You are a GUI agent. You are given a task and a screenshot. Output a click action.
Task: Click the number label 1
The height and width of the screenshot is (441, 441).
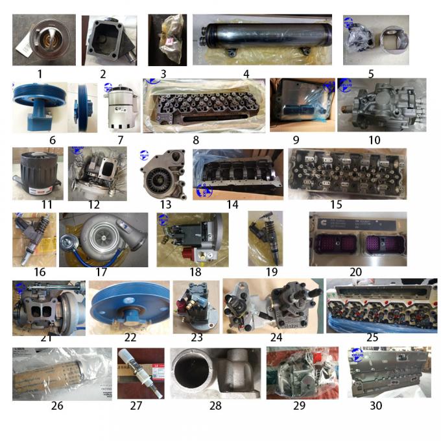pyautogui.click(x=40, y=74)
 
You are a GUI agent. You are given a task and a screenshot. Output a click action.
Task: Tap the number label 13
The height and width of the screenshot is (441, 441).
pyautogui.click(x=166, y=205)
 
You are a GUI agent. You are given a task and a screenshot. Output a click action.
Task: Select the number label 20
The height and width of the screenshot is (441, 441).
pyautogui.click(x=355, y=272)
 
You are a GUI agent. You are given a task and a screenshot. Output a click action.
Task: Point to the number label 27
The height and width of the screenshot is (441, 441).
pyautogui.click(x=135, y=407)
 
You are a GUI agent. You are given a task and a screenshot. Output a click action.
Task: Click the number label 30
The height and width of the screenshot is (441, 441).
pyautogui.click(x=375, y=406)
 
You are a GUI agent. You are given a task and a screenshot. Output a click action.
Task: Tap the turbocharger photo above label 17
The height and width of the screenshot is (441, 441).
pyautogui.click(x=104, y=240)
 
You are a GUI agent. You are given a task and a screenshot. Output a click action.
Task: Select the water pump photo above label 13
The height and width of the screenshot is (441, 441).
pyautogui.click(x=163, y=174)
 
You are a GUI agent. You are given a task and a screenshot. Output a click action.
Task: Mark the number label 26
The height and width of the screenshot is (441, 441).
pyautogui.click(x=57, y=407)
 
